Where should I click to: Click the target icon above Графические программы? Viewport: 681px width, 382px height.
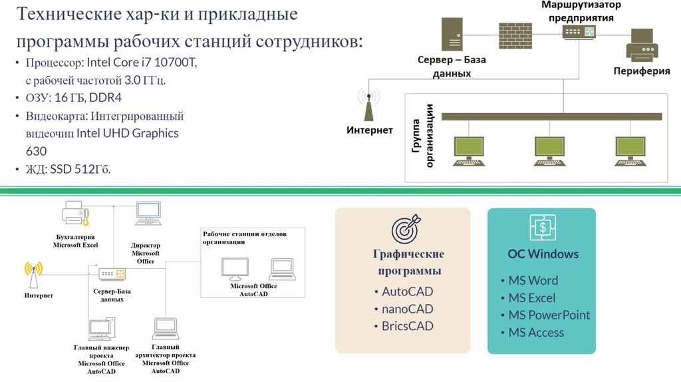click(x=406, y=228)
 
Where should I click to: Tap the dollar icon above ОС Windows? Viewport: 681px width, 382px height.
click(x=543, y=228)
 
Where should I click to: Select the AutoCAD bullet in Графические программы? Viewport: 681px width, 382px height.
click(x=407, y=291)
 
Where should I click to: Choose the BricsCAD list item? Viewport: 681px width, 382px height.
click(x=407, y=326)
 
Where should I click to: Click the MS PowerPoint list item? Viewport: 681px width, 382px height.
click(x=549, y=315)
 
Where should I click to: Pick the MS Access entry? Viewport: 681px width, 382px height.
click(x=536, y=332)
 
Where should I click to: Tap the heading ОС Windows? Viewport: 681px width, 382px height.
click(x=543, y=254)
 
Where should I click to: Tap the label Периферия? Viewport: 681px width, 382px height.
click(x=641, y=71)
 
